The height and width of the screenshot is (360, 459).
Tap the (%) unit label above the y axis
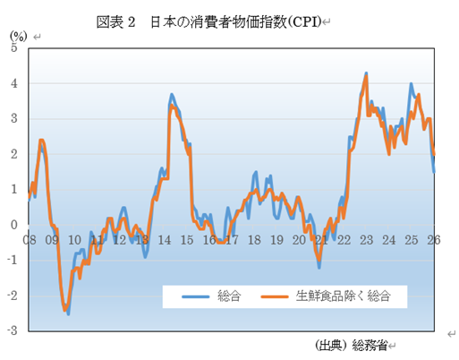pos(18,36)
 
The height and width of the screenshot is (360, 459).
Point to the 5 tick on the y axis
pos(14,47)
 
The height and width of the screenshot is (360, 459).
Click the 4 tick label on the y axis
pos(14,83)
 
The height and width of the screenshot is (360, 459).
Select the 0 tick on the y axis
pos(14,225)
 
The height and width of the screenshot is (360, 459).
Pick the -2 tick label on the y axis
pos(13,296)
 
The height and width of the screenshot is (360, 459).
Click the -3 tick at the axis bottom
pos(13,330)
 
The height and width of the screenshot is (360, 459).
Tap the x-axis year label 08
pos(30,240)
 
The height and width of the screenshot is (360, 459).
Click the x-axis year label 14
pos(165,240)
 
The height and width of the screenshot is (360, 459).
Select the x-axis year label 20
pos(299,240)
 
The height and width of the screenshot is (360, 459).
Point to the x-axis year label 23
pos(366,240)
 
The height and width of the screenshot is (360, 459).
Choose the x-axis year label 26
pos(433,240)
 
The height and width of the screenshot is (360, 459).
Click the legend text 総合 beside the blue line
pos(229,296)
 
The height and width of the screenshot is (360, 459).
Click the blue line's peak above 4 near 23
pos(367,73)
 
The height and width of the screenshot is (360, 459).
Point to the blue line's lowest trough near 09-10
pos(68,313)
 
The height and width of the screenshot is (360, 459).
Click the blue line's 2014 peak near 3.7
pos(171,94)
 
